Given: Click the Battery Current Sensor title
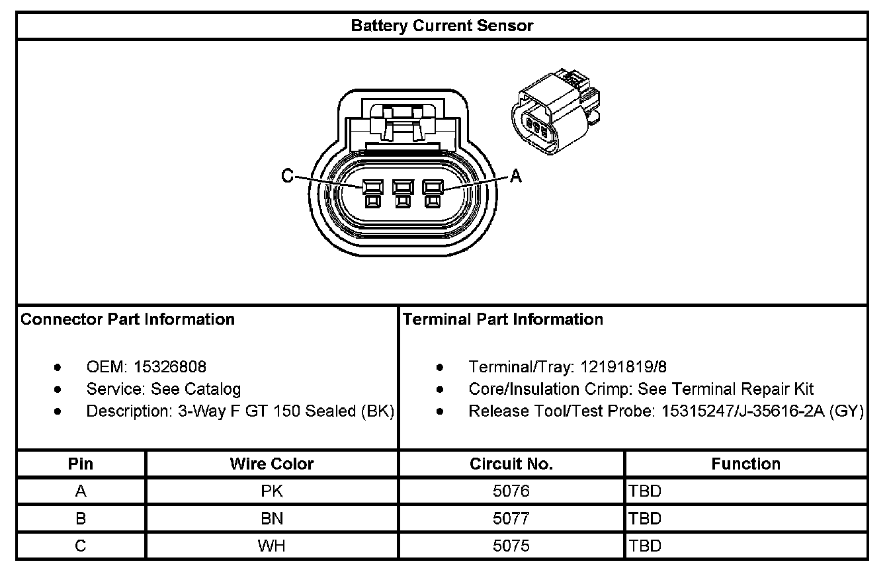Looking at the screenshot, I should [x=442, y=26].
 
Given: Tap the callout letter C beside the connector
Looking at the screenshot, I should [x=287, y=176].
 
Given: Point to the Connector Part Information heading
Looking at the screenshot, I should [x=128, y=319].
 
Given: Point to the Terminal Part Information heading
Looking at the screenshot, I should [x=503, y=319].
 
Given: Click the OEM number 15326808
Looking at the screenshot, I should [x=169, y=367].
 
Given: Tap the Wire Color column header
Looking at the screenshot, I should [x=272, y=464].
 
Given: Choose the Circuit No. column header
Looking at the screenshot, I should [x=511, y=464].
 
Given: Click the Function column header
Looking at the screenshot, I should [x=745, y=464].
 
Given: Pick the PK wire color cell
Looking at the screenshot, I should [x=272, y=491].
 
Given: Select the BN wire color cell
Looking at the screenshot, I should [x=272, y=518].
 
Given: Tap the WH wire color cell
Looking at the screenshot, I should [x=272, y=546].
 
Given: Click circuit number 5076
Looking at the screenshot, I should [x=511, y=491].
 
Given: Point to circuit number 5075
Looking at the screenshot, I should [x=511, y=546].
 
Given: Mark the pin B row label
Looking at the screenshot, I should [x=81, y=518].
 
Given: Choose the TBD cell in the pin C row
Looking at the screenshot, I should [x=646, y=546].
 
